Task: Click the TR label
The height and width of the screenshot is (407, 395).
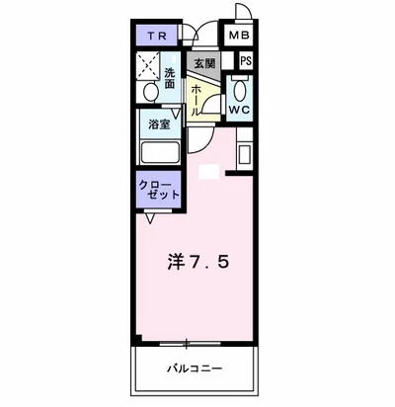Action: tap(157, 37)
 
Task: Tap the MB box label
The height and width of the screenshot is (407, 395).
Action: tap(240, 37)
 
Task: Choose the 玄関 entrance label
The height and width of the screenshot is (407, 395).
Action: tap(203, 64)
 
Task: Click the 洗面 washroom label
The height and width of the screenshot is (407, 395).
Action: tap(170, 78)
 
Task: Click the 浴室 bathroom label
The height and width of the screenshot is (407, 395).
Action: tap(158, 124)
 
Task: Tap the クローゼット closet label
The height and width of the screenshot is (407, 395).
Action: tap(158, 191)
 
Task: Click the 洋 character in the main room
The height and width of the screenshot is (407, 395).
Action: tap(173, 263)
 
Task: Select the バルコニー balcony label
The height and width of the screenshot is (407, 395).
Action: tap(195, 368)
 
